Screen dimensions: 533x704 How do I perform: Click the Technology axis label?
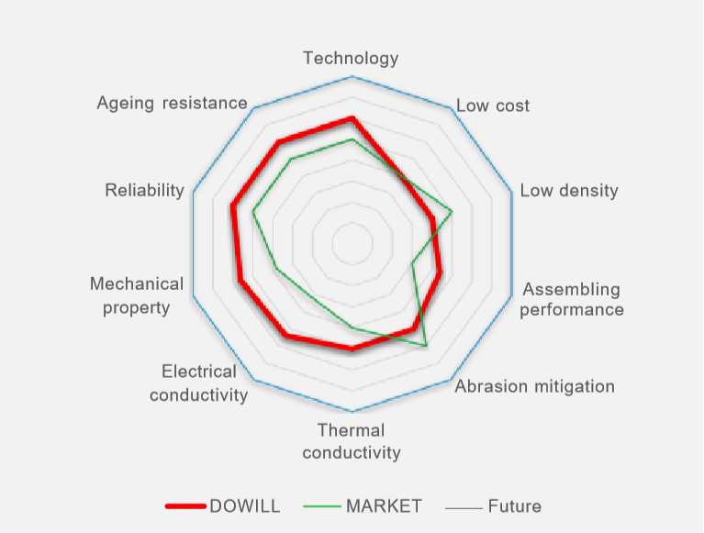[x=351, y=58]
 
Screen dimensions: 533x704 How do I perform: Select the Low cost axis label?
[x=493, y=105]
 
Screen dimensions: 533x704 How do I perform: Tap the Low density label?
[x=568, y=191]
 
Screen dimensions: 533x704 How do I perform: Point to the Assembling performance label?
[x=571, y=300]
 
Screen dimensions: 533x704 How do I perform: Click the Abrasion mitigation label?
[x=535, y=386]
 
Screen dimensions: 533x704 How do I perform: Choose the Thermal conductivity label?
[x=352, y=441]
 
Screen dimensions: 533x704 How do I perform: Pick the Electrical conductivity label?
[x=199, y=383]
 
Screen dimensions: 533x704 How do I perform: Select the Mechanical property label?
[x=137, y=295]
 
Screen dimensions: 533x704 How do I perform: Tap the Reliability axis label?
[x=144, y=190]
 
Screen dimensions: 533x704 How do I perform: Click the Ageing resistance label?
[x=172, y=103]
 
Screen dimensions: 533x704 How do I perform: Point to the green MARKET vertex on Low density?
[x=453, y=212]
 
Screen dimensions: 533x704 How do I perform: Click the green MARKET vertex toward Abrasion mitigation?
[x=426, y=345]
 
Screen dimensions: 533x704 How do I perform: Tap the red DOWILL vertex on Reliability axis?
[x=233, y=206]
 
